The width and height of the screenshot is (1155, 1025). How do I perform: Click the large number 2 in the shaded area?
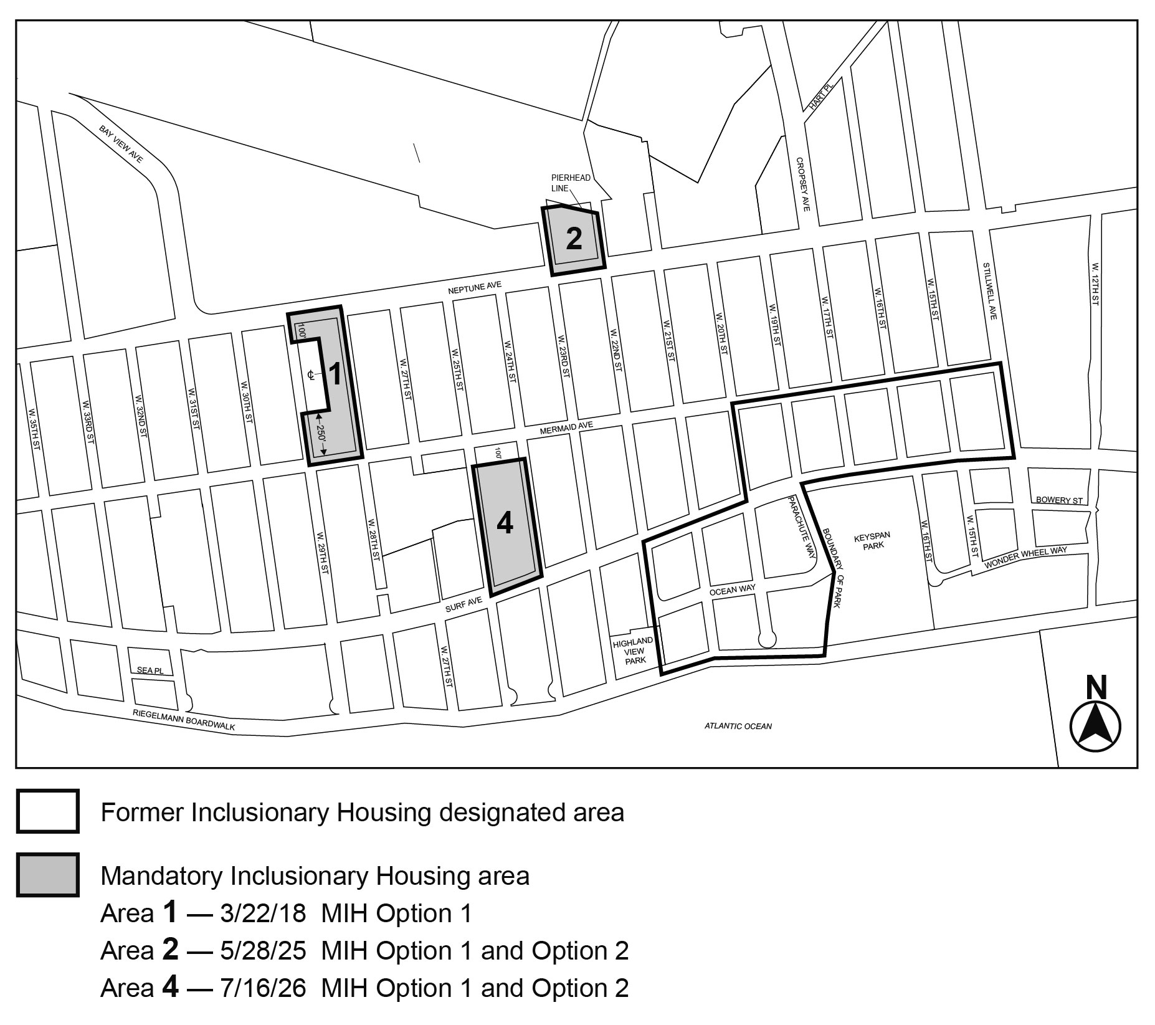click(574, 238)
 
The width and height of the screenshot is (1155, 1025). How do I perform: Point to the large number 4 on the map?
click(505, 524)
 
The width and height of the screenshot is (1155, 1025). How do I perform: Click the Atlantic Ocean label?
click(738, 726)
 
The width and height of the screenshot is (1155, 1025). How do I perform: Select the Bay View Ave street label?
click(121, 144)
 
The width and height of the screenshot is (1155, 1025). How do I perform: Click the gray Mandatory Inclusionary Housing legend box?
click(48, 875)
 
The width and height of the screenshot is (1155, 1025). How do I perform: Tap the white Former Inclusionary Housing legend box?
click(48, 811)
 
